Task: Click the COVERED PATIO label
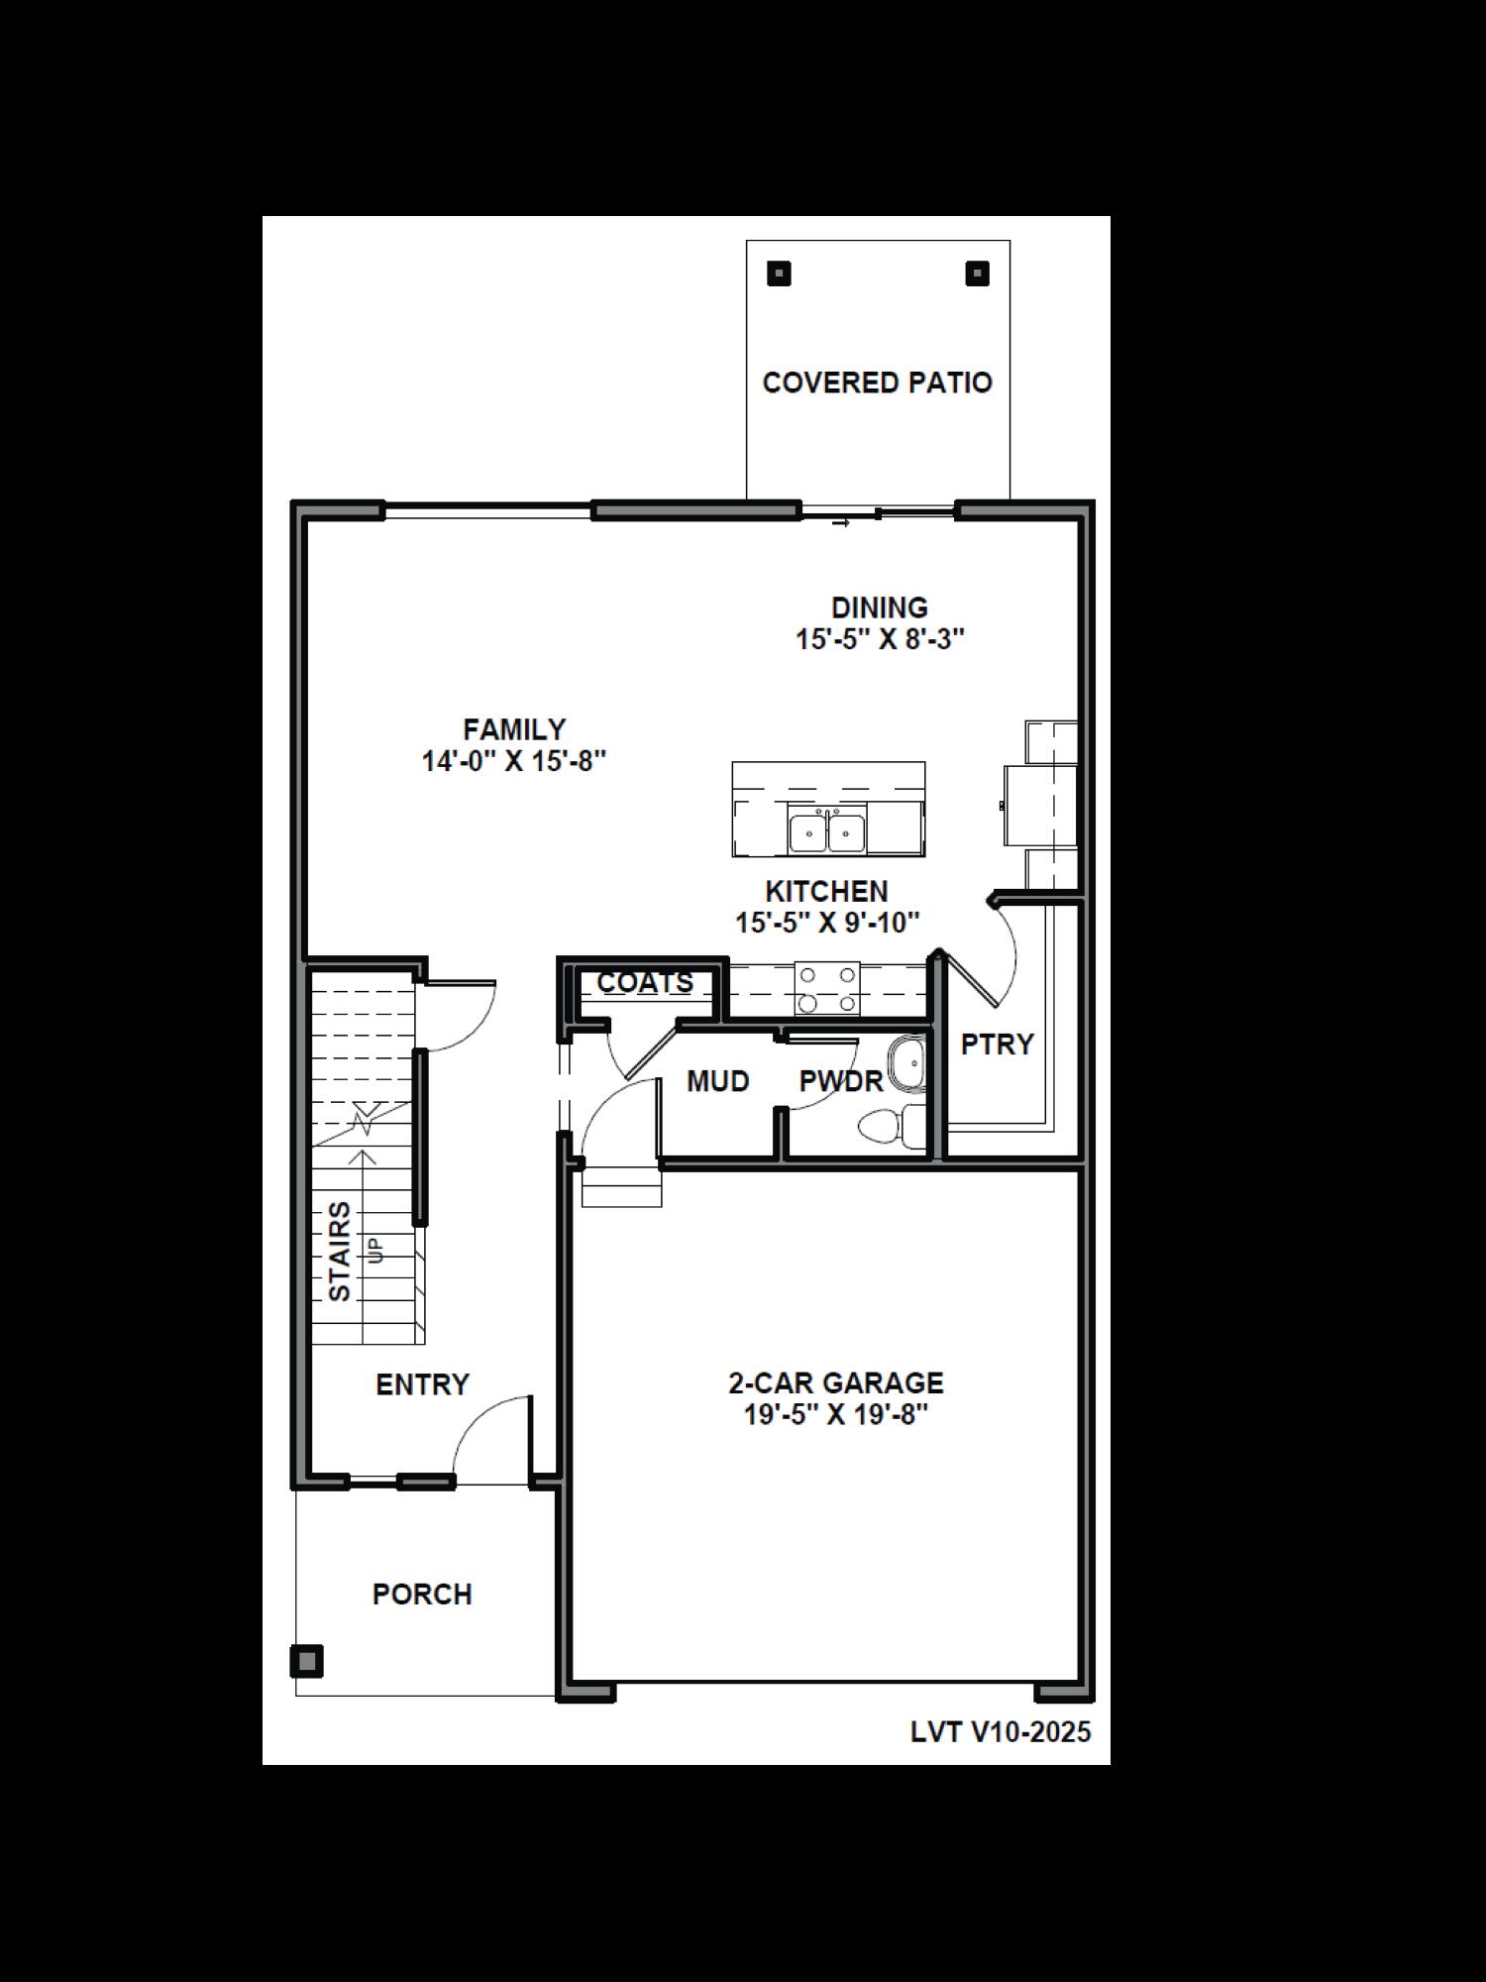pos(877,383)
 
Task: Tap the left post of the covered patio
pos(780,274)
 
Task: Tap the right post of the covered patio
pos(977,274)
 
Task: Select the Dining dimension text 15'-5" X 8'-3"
pos(880,639)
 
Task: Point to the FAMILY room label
pos(514,729)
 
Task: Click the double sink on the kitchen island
pos(827,830)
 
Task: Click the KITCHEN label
pos(826,891)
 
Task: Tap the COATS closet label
pos(645,982)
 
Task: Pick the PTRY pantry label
pos(997,1044)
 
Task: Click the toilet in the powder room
pos(888,1127)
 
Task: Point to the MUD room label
pos(717,1081)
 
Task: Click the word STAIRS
pos(340,1252)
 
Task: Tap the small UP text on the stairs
pos(375,1251)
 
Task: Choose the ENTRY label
pos(422,1384)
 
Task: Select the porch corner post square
pos(307,1661)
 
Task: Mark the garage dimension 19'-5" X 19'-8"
pos(836,1414)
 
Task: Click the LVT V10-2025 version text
pos(1001,1732)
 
